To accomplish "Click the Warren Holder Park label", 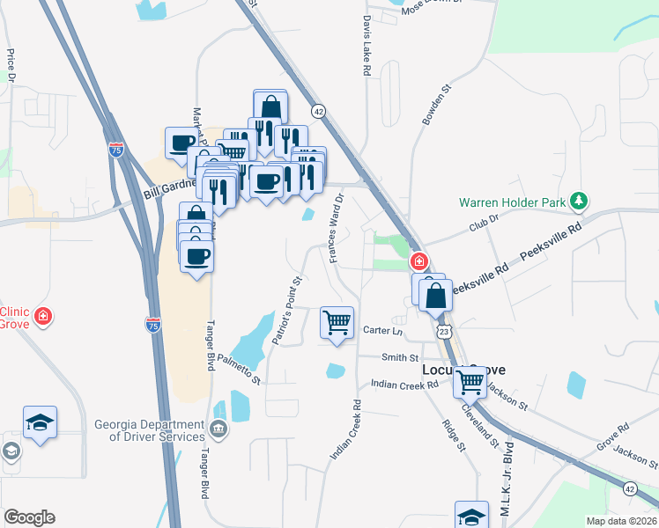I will tap(512, 202).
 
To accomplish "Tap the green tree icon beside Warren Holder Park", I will tap(578, 202).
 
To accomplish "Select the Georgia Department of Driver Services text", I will tap(150, 429).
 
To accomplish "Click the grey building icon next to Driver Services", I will tap(218, 430).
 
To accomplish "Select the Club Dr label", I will tap(484, 224).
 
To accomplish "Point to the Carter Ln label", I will tap(382, 331).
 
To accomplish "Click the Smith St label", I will tap(400, 357).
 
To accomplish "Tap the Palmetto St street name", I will tap(240, 367).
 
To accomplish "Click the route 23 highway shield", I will tap(446, 331).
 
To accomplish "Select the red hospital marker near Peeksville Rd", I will tap(420, 261).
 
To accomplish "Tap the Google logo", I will tap(29, 517).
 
